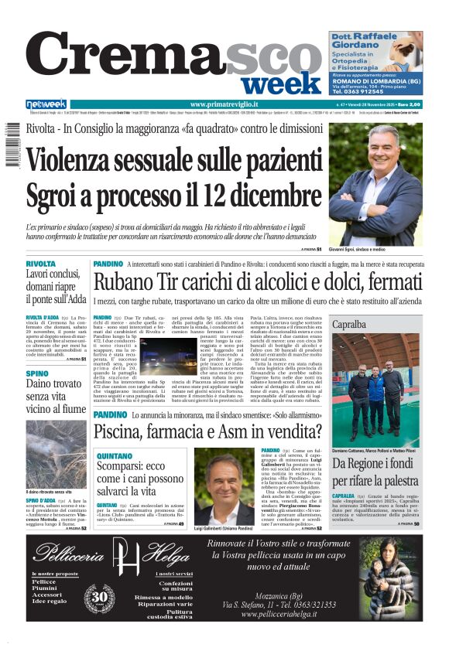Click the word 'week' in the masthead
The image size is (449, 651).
pos(285,83)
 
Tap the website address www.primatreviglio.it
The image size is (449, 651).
pos(224,104)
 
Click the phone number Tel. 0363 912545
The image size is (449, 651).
pos(364,91)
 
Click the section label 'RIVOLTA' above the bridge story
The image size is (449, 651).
pos(40,264)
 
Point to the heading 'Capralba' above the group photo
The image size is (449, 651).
pos(349,325)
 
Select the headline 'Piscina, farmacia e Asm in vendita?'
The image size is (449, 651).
pos(198,431)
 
